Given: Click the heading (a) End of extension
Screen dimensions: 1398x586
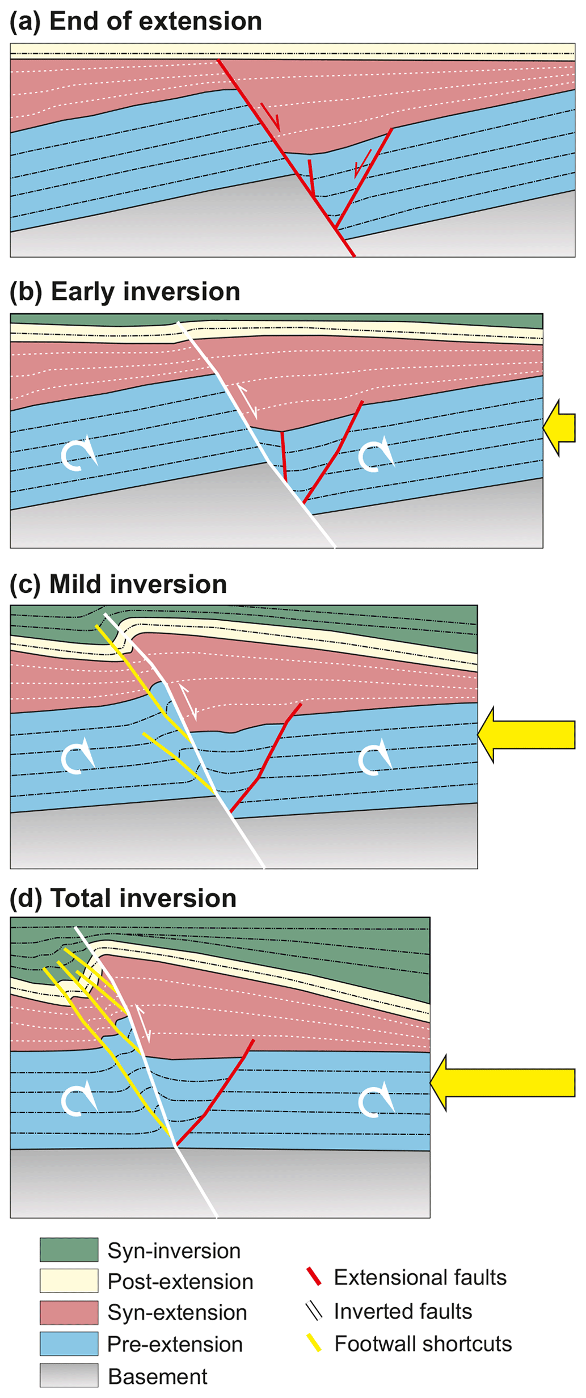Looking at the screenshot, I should [x=136, y=22].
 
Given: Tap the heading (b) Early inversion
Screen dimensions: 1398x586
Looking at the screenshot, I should [x=125, y=292].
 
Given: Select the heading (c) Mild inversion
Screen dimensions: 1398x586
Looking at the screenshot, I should [x=119, y=584].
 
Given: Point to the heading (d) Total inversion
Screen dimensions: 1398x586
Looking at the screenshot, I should [x=123, y=898].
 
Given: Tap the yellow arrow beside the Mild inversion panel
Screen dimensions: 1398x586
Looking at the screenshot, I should [x=526, y=735].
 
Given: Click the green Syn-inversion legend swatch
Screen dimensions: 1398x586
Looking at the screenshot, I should [x=69, y=1249].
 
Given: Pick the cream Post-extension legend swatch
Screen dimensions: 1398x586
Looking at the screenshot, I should [x=69, y=1281].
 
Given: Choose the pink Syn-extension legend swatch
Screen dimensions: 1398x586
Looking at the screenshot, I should [x=69, y=1312].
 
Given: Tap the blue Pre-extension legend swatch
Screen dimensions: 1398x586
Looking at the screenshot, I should [x=69, y=1344].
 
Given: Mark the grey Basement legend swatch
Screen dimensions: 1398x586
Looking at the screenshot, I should [x=69, y=1375].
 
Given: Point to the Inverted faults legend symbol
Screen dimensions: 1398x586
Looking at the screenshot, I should [x=314, y=1310].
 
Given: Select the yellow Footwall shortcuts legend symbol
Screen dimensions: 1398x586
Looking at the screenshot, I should [x=314, y=1342].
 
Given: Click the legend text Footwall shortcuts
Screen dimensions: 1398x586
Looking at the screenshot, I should [x=423, y=1344].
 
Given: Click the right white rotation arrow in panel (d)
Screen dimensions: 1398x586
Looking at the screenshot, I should [x=376, y=1100].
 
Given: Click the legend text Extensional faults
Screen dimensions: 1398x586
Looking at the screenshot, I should [x=420, y=1277].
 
